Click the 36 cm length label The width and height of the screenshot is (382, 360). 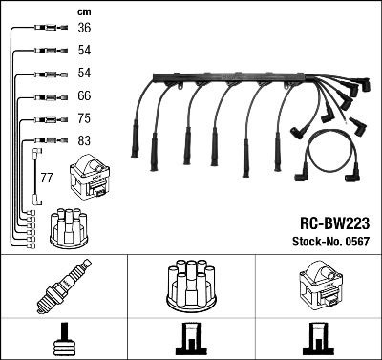coord(84,29)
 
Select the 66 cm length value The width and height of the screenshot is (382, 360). coord(84,96)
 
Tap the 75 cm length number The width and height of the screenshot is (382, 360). coord(84,119)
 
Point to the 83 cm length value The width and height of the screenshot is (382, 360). coord(84,141)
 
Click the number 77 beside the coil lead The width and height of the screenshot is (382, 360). coord(46,179)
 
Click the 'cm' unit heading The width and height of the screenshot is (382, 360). coord(83,11)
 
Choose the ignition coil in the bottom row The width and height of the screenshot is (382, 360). coord(320,285)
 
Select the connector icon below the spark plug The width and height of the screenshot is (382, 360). coord(65,339)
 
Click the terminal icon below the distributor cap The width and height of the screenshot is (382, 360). coord(191,339)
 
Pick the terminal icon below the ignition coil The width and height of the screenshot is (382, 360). coord(318,339)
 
